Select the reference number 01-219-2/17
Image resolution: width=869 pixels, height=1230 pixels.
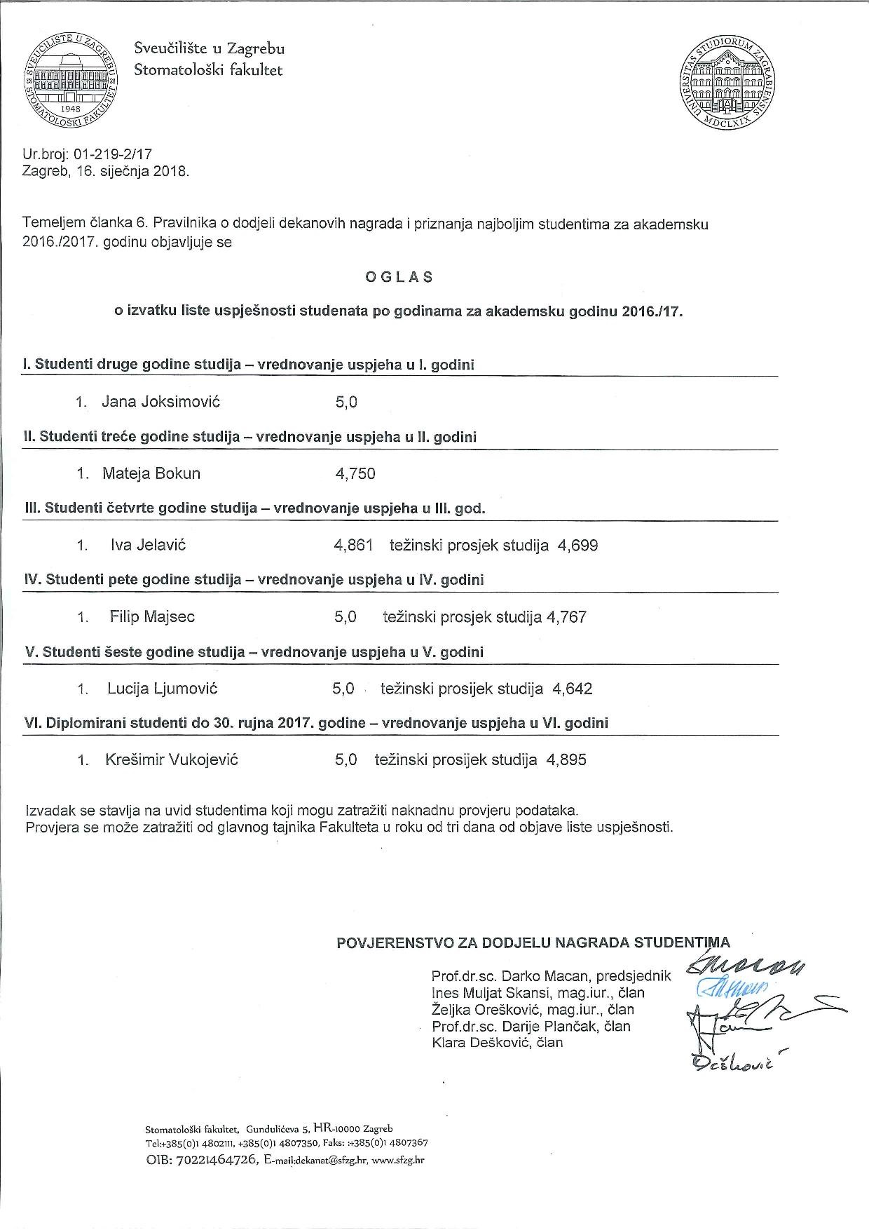coord(113,154)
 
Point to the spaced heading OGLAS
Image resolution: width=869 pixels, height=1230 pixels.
coord(399,277)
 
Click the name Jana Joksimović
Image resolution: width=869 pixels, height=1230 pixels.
coord(161,402)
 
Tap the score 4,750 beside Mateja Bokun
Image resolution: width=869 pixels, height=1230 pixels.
coord(355,474)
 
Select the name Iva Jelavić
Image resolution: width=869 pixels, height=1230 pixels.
coord(149,545)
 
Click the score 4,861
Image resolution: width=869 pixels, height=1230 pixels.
coord(354,546)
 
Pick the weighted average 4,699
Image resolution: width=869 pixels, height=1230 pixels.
coord(577,546)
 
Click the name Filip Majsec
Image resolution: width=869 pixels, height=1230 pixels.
coord(152,617)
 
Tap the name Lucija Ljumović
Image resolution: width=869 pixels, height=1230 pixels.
coord(163,689)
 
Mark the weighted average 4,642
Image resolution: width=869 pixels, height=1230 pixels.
coord(573,689)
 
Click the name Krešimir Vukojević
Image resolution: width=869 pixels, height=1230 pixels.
coord(172,759)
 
